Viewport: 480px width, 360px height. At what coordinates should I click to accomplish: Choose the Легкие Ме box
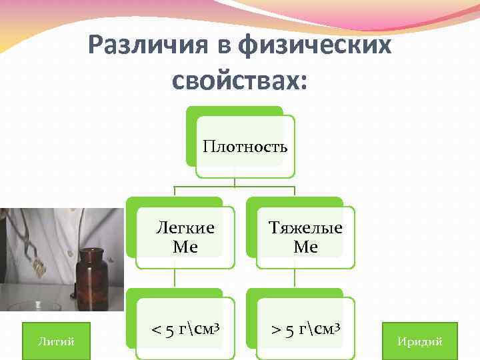(x=185, y=237)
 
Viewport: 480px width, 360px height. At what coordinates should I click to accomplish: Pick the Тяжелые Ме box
(x=305, y=237)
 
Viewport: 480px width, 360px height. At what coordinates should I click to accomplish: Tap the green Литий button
(x=56, y=341)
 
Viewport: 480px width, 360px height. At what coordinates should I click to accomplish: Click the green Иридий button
(x=419, y=341)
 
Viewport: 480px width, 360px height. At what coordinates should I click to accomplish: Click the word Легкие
(x=185, y=228)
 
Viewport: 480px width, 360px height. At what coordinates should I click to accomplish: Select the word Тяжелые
(x=305, y=228)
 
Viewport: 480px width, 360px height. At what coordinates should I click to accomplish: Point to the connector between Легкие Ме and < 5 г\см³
(x=175, y=279)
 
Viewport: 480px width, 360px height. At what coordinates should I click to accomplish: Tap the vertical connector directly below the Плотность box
(x=235, y=182)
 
